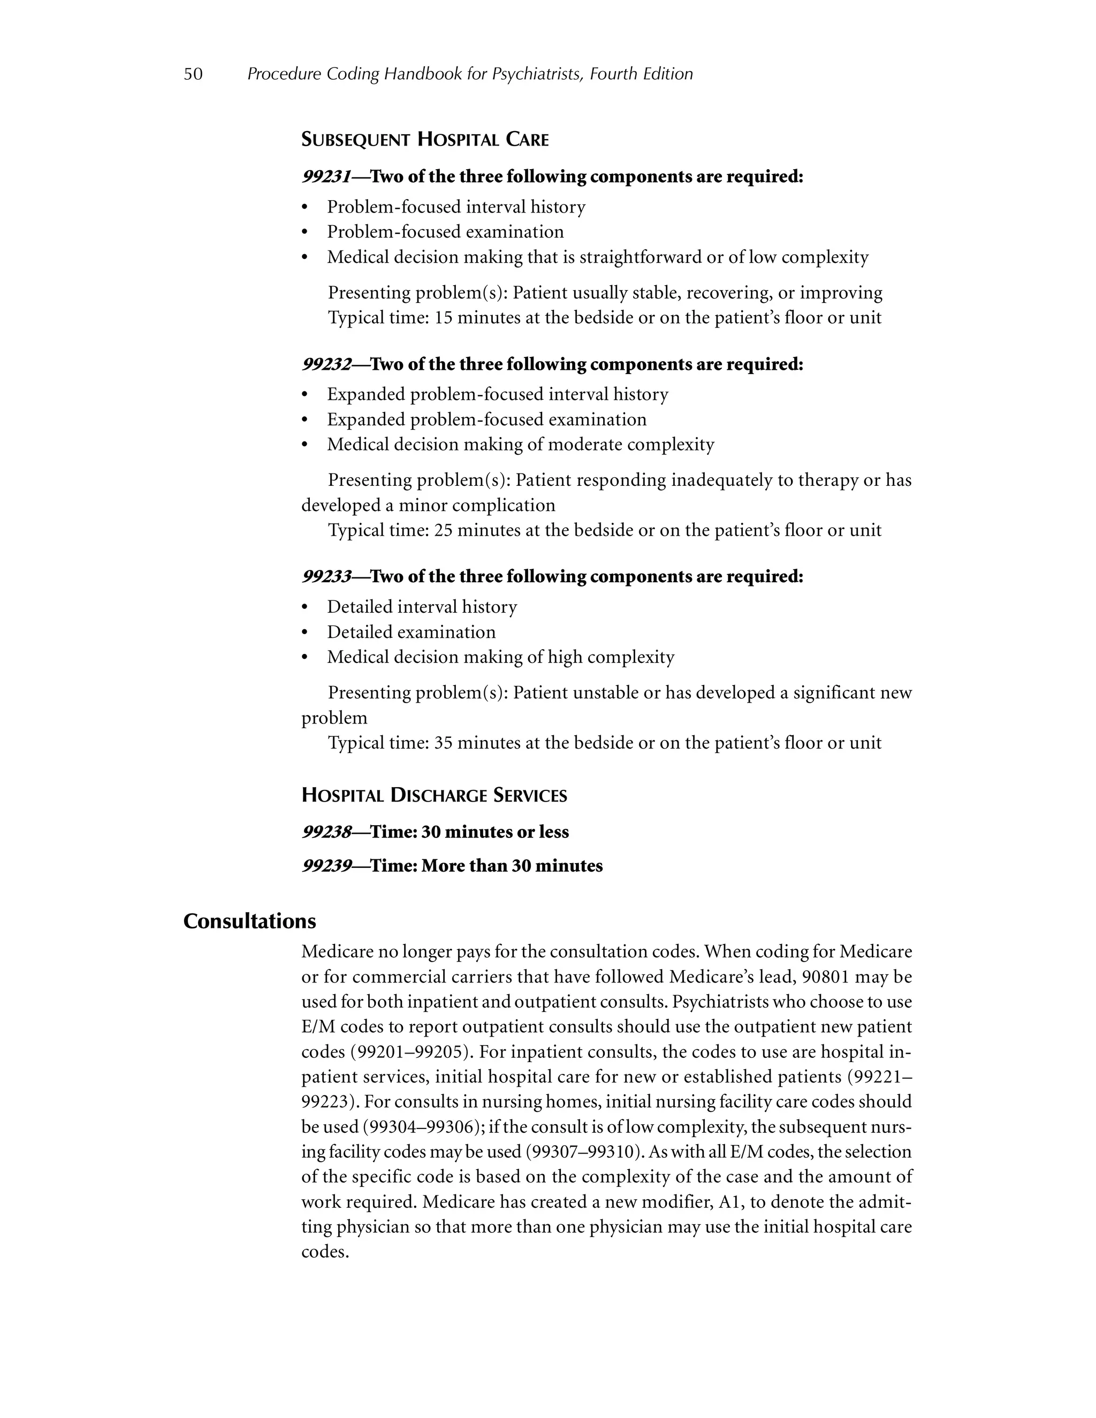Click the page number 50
(193, 74)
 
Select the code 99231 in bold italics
(326, 177)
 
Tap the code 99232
(326, 364)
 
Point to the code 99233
(326, 576)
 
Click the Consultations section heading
(249, 921)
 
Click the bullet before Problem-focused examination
(305, 232)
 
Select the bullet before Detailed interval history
(305, 608)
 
